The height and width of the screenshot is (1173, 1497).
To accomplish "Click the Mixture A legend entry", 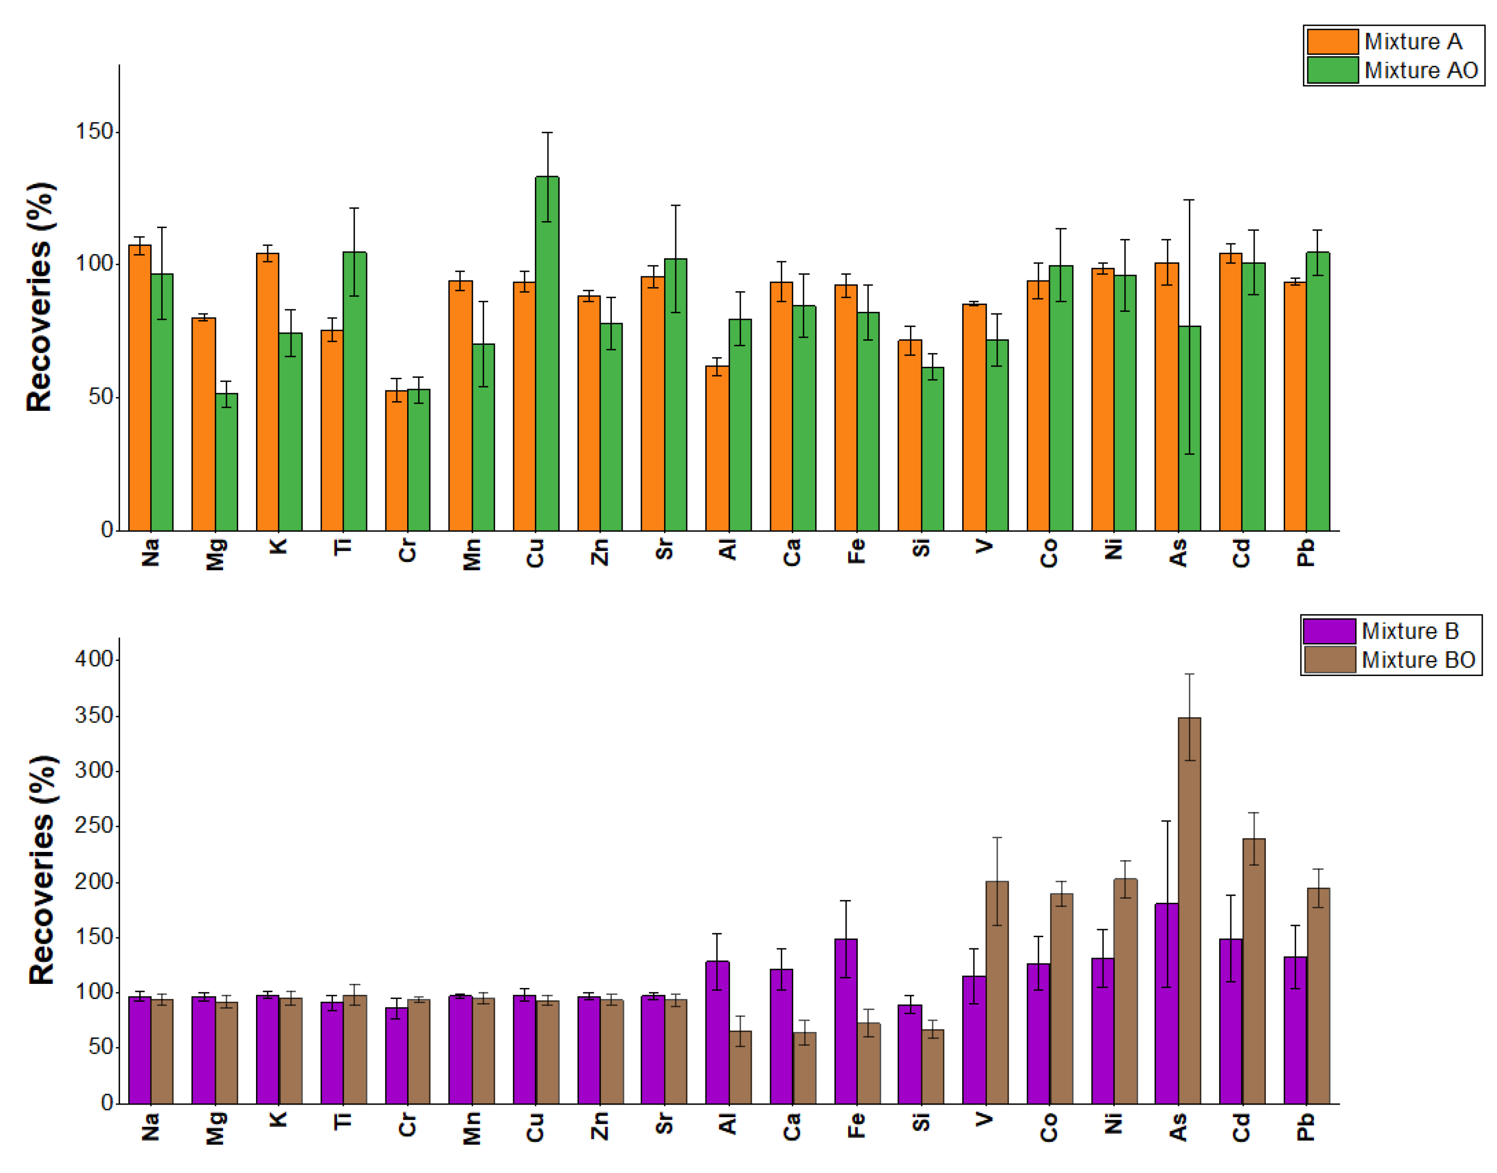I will [x=1412, y=42].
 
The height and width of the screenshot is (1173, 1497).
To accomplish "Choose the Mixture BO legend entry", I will [x=1417, y=659].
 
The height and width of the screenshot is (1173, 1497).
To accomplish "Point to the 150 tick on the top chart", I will [x=94, y=131].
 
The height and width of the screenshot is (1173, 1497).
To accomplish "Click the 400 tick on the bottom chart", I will [x=94, y=659].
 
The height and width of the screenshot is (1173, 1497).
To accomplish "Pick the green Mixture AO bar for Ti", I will [x=354, y=391].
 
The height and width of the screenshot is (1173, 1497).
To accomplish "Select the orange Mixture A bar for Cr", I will [x=396, y=460].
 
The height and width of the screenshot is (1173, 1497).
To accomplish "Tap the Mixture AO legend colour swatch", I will [x=1332, y=70].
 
